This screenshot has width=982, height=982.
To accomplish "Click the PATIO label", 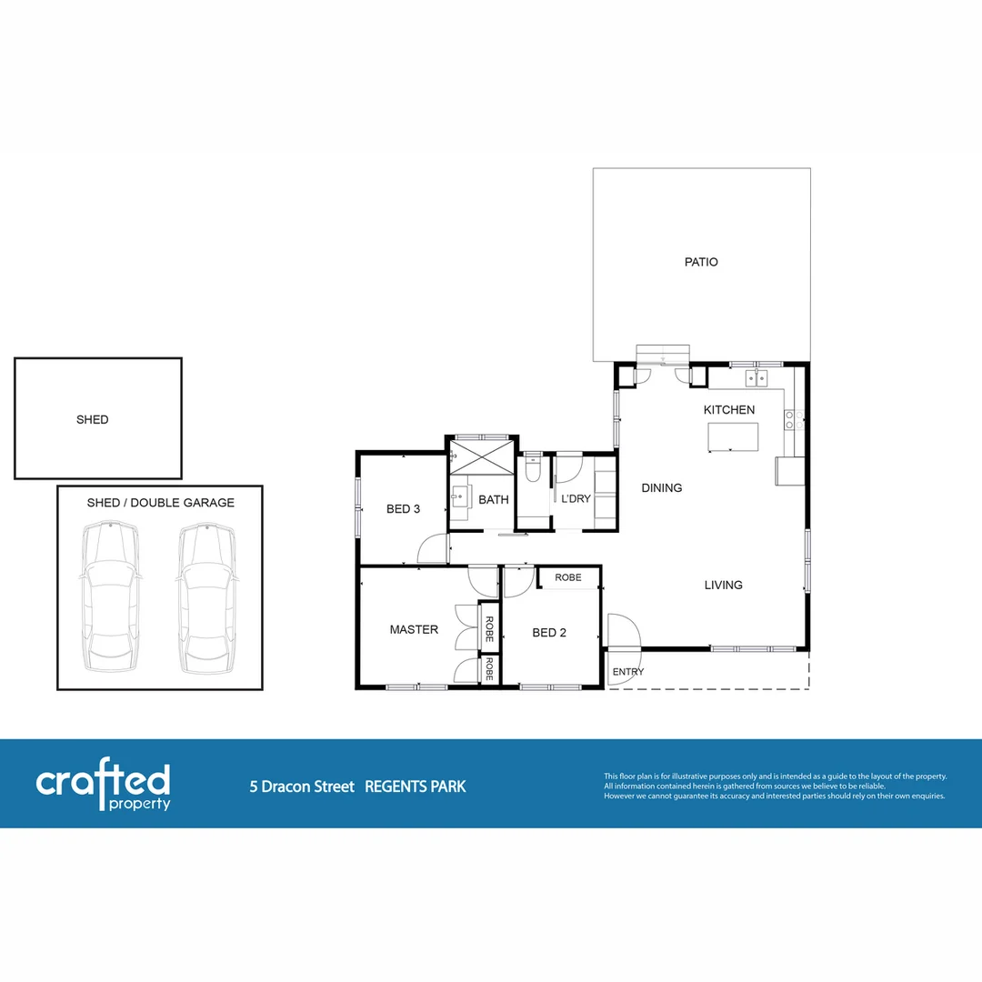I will click(701, 262).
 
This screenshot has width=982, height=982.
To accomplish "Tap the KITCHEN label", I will click(729, 410).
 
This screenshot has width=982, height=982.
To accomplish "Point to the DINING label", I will click(662, 488).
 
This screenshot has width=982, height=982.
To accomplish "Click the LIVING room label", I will click(724, 585).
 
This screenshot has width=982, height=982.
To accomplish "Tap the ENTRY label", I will click(628, 672).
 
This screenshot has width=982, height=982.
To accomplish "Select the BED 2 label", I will click(549, 633).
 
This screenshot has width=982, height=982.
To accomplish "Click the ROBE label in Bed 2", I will click(568, 577).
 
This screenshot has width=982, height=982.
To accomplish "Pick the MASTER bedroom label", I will click(414, 629).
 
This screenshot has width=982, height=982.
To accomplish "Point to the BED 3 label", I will click(403, 509).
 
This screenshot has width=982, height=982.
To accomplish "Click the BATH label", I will click(494, 499).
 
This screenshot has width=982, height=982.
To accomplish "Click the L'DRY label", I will click(576, 499).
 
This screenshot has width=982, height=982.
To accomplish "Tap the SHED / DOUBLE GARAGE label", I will click(160, 503).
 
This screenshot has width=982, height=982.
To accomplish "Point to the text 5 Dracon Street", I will click(302, 787).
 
